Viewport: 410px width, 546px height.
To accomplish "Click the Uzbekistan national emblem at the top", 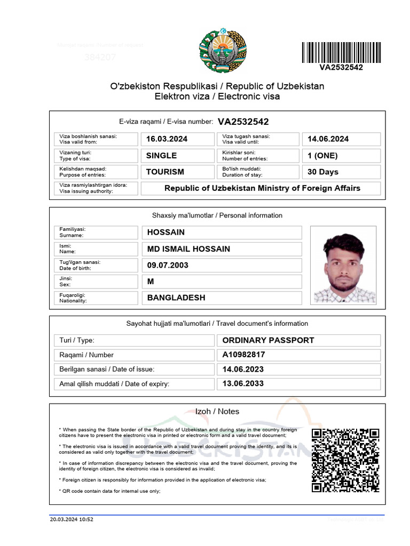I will click(224, 51).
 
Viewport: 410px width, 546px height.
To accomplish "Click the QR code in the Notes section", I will click(345, 460).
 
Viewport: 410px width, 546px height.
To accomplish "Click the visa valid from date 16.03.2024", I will click(167, 139).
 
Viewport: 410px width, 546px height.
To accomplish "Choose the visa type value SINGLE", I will click(161, 156).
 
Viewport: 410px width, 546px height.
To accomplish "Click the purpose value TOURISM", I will click(165, 172).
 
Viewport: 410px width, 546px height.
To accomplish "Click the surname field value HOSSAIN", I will click(166, 232).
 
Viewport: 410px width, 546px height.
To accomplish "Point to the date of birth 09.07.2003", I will click(168, 265).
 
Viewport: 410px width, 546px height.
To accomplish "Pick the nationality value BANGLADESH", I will click(176, 298).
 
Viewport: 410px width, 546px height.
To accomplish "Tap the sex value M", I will click(151, 282).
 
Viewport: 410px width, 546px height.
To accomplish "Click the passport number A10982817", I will click(243, 355).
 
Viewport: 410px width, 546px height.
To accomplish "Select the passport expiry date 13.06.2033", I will click(243, 383).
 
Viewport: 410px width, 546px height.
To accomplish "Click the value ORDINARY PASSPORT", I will click(268, 340).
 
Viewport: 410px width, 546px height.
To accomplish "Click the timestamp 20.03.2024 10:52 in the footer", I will click(72, 519).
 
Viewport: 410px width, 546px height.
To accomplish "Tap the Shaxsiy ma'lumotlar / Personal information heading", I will click(217, 215).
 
